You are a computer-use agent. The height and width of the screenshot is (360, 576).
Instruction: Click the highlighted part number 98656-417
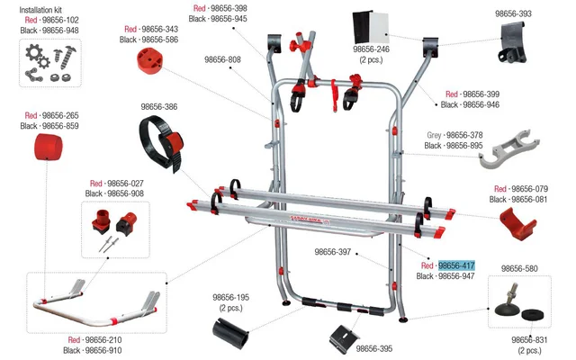pos(456,265)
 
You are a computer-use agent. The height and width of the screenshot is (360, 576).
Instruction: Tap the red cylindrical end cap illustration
pos(48,147)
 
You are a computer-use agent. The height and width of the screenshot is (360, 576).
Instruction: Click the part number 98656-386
pos(159,106)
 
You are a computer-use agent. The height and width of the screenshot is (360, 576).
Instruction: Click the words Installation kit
pos(40,10)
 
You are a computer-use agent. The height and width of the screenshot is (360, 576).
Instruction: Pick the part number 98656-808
pos(222,59)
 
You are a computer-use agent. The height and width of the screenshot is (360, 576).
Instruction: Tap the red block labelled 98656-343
pos(150,60)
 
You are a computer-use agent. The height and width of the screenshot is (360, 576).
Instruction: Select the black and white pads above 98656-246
pos(371,27)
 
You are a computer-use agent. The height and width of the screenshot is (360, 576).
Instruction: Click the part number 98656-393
pos(513,13)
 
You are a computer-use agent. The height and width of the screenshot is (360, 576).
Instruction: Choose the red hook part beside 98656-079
pos(518,223)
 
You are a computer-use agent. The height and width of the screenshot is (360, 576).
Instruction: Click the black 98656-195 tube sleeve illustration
pos(231,333)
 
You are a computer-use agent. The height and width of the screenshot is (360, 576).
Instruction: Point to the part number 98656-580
pos(519,268)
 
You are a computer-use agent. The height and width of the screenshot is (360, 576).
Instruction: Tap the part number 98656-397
pos(333,252)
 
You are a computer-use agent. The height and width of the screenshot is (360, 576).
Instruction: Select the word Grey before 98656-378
pos(434,135)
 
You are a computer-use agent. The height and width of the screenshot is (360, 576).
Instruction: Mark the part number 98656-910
pos(103,350)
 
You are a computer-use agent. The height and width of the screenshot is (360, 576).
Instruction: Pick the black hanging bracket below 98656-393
pos(513,43)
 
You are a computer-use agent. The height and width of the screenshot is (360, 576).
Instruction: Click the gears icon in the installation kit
pos(38,56)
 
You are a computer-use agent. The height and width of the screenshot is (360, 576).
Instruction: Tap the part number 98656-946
pos(481,104)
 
